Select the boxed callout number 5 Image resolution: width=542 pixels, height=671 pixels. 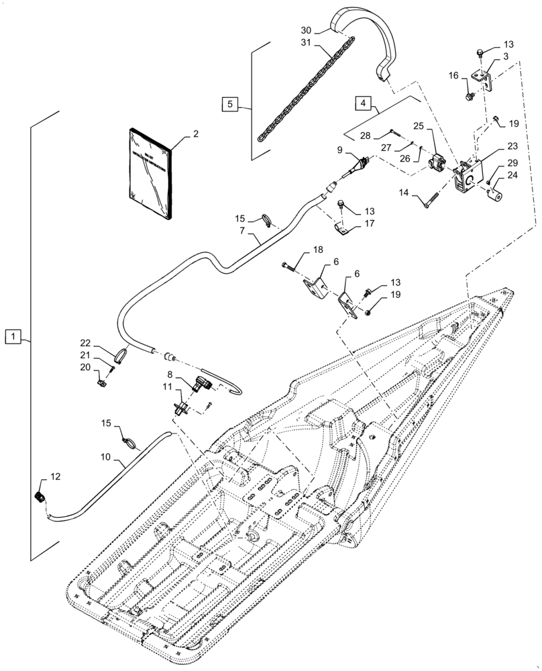pos(231,104)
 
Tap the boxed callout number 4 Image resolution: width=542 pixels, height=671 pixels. pos(363,104)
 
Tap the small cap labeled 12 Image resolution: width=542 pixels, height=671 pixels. pos(40,497)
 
